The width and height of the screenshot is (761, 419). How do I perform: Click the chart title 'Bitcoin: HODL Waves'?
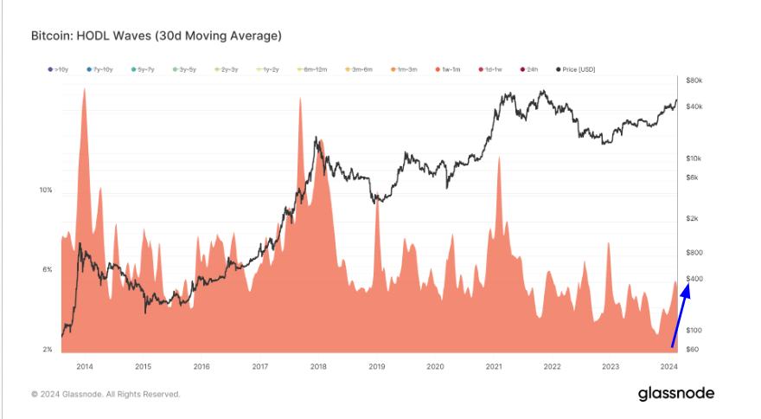[x=156, y=36]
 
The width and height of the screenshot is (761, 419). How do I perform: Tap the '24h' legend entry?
[x=530, y=69]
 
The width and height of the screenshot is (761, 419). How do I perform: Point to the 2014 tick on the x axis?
[x=85, y=366]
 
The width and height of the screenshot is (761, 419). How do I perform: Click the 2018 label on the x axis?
[x=317, y=366]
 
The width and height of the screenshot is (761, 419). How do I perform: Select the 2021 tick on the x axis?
[x=494, y=366]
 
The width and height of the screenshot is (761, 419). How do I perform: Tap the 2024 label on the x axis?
[x=668, y=366]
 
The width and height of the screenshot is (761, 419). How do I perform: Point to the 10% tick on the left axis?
[x=46, y=190]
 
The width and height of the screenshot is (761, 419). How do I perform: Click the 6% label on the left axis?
[x=48, y=269]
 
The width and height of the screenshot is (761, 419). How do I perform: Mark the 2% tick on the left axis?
[x=48, y=349]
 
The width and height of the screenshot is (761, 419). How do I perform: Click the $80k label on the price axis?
[x=694, y=81]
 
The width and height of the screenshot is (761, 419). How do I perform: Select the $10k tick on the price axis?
[x=694, y=158]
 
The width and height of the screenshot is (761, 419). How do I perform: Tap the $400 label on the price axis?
[x=694, y=279]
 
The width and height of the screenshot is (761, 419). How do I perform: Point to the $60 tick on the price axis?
[x=692, y=349]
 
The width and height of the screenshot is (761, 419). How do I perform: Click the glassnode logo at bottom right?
[x=676, y=394]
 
